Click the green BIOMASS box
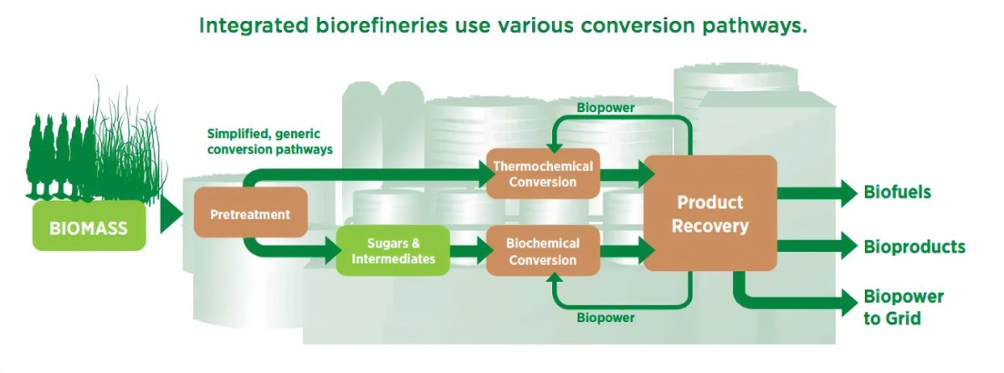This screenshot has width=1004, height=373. [x=89, y=226]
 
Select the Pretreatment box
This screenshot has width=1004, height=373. [x=250, y=213]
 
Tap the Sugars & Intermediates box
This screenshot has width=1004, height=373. [x=393, y=251]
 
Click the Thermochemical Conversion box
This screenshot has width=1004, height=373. [x=543, y=174]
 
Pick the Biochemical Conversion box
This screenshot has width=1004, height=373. [x=543, y=251]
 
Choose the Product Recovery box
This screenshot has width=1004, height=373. [x=709, y=214]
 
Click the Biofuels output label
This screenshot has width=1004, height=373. [x=897, y=193]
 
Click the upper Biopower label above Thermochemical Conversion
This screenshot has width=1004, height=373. [x=605, y=107]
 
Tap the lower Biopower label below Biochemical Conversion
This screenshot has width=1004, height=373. [x=605, y=318]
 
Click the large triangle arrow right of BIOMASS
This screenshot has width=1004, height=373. [x=170, y=214]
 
